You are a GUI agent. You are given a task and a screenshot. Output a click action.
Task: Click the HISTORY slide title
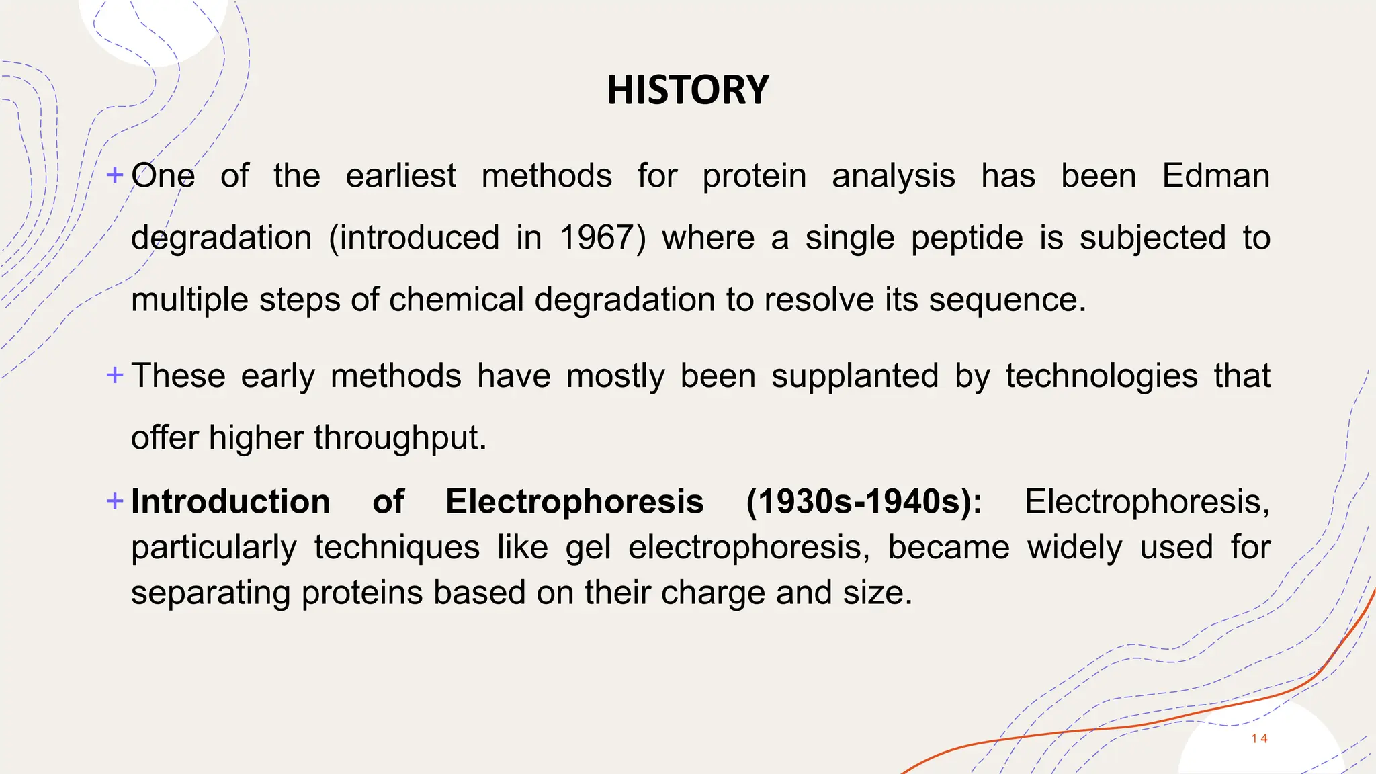688,90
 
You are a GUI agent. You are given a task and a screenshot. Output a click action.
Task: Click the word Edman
1215,176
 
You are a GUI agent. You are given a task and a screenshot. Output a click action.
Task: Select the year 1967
597,238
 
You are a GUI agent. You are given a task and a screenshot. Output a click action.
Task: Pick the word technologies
1101,376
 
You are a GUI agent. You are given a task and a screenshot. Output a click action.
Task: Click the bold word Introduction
230,502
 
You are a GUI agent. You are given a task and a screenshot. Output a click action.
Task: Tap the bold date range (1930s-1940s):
864,502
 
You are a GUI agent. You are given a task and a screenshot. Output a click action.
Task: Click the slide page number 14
1259,738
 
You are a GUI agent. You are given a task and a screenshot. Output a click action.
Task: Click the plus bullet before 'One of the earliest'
115,175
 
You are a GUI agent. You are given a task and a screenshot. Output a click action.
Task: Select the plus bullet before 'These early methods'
115,375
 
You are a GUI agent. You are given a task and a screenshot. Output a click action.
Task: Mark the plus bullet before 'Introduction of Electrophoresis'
115,501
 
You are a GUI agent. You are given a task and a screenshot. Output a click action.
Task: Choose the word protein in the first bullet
754,177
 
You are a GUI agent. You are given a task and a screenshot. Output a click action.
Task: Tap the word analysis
893,177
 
